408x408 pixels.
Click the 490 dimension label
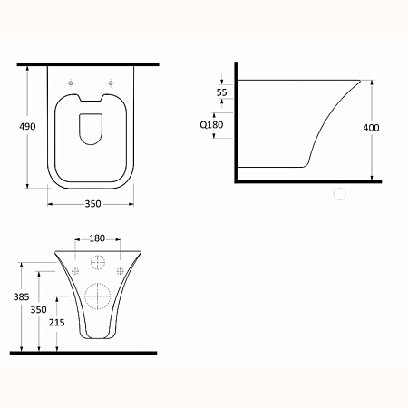(27, 126)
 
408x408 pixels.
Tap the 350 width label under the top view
(92, 204)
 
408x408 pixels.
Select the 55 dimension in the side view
(221, 92)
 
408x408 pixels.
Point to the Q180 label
(211, 124)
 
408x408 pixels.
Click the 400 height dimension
(371, 128)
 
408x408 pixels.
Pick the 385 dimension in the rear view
(21, 296)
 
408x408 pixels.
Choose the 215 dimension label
(57, 323)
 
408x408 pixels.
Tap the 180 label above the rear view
(97, 238)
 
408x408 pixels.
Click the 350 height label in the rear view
(38, 309)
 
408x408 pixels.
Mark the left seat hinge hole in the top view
(71, 83)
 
